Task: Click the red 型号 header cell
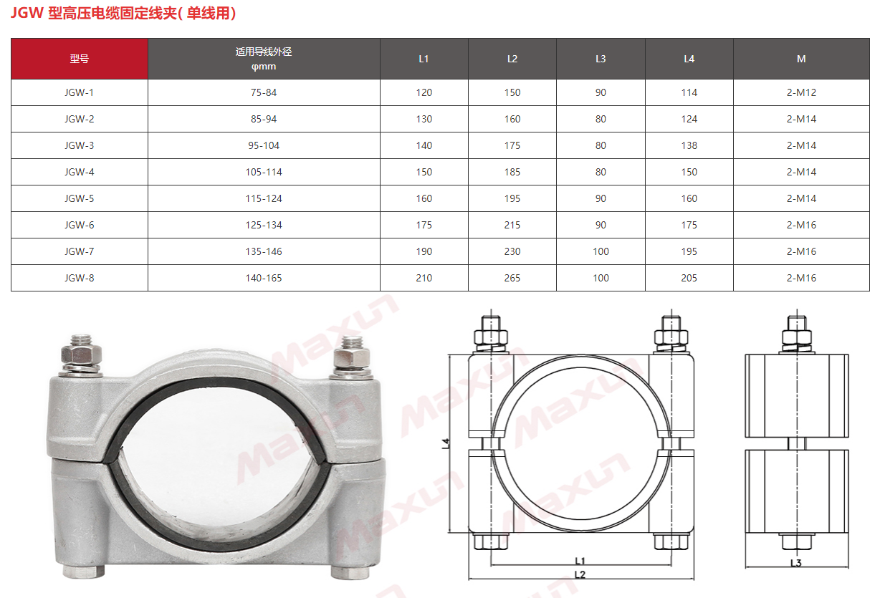(80, 59)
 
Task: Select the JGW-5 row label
(80, 198)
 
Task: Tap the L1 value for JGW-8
(424, 278)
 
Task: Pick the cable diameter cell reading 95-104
(264, 145)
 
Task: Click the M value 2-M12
(801, 92)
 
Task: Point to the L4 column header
(689, 59)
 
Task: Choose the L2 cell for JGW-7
(512, 251)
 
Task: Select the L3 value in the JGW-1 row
(601, 92)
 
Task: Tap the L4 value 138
(689, 145)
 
